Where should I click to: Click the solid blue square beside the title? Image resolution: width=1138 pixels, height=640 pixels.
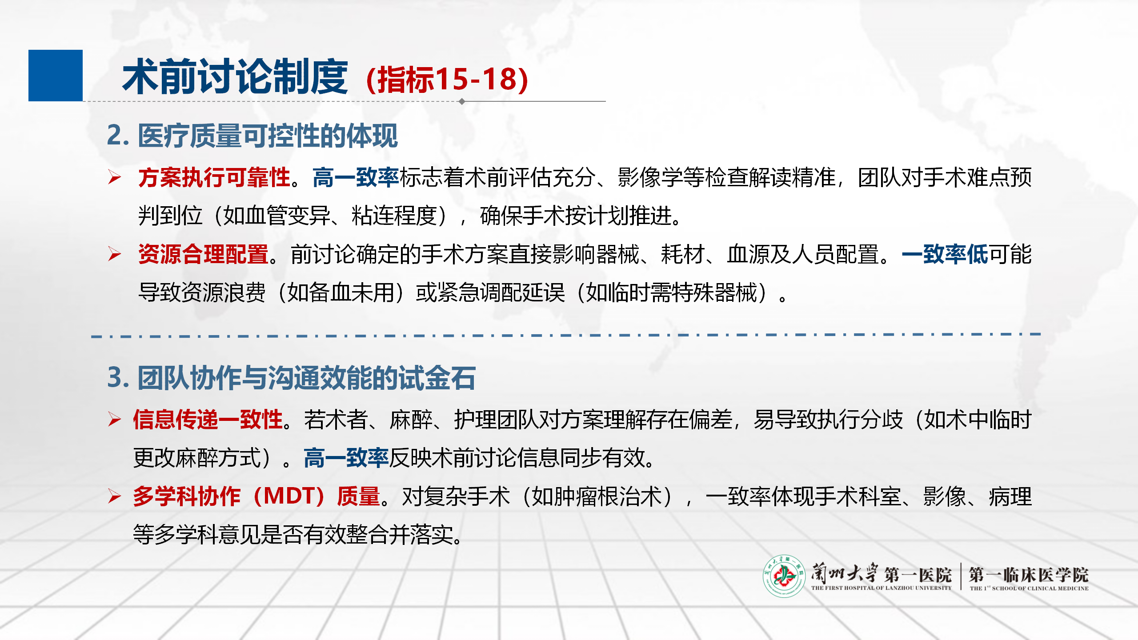(56, 76)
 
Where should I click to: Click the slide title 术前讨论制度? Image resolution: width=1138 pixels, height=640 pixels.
(235, 77)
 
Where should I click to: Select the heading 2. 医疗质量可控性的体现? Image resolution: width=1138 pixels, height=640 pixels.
(252, 136)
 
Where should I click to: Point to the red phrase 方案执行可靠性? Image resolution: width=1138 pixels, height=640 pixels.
(214, 177)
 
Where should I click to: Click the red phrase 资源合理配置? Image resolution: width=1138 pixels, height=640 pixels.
(203, 254)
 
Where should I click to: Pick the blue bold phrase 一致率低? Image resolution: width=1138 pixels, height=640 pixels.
(945, 254)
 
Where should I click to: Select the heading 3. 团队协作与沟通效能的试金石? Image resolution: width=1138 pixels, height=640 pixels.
(291, 378)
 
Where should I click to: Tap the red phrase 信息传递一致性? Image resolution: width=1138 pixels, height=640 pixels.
(208, 419)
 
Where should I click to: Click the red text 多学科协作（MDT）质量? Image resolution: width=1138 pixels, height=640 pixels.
(256, 496)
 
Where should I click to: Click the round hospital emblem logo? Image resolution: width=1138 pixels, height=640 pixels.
(784, 576)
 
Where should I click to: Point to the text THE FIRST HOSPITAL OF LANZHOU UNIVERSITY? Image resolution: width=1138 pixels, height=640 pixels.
(881, 588)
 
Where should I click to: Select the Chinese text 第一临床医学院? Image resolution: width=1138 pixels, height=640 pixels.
(1029, 574)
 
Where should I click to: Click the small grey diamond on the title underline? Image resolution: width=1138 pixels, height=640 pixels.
(462, 101)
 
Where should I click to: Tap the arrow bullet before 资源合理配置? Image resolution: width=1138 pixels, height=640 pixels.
(114, 254)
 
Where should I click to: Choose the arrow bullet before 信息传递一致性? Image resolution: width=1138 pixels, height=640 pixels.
(114, 419)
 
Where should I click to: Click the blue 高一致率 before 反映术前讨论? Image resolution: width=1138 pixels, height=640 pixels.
(346, 458)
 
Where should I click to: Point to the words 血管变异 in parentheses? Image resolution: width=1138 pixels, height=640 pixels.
(287, 216)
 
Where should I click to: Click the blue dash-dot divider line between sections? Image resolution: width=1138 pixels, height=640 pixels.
(566, 335)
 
